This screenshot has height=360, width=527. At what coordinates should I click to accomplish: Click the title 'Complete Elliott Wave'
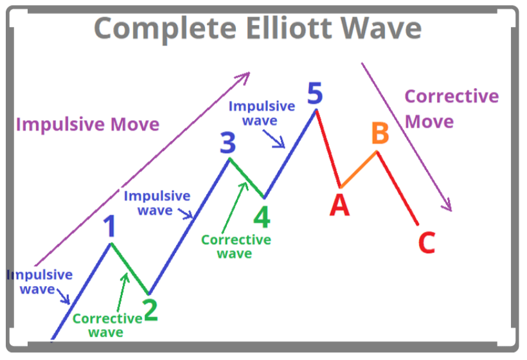(x=258, y=29)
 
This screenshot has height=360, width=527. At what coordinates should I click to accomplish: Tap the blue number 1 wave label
(x=111, y=226)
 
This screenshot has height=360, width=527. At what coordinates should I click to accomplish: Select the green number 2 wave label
(x=150, y=310)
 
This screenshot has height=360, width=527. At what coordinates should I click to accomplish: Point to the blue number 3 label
(x=228, y=143)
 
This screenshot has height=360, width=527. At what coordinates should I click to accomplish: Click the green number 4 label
(x=261, y=217)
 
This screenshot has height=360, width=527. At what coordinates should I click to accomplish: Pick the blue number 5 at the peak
(x=315, y=94)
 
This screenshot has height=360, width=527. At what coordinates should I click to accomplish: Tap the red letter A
(x=339, y=205)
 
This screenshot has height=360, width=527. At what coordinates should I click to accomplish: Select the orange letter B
(x=380, y=134)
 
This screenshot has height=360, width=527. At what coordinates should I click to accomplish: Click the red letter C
(x=427, y=244)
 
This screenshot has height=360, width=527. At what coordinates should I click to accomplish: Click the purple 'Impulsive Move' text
(x=87, y=124)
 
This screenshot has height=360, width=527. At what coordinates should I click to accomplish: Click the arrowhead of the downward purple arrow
(x=449, y=206)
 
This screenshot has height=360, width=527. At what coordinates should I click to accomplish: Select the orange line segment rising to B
(x=359, y=169)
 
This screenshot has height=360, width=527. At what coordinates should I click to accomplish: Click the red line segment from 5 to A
(x=328, y=148)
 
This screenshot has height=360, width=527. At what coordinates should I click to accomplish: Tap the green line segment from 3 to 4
(x=246, y=177)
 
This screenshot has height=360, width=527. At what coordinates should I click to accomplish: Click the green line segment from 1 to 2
(x=130, y=269)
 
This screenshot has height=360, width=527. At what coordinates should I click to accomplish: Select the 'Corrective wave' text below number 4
(x=236, y=246)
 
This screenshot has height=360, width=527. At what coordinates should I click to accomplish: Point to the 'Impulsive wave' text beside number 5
(x=262, y=113)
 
